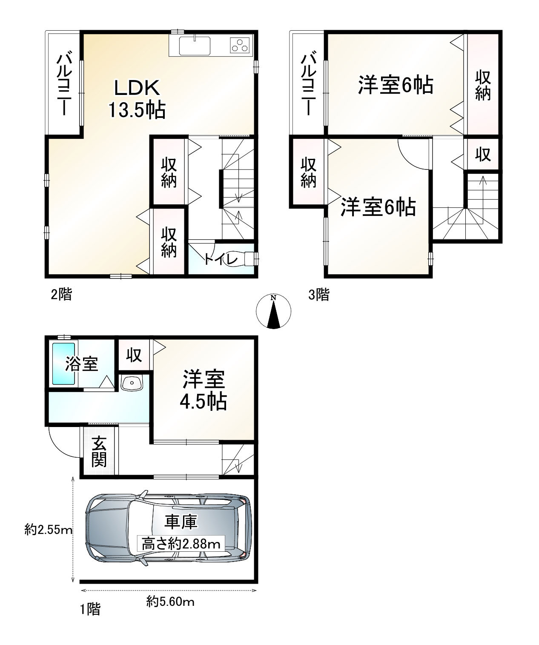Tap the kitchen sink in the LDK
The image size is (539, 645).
tap(195, 46)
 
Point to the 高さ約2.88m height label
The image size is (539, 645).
tap(181, 544)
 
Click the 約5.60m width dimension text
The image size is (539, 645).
tap(170, 602)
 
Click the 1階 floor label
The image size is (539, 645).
tap(90, 609)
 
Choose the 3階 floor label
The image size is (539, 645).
tap(318, 295)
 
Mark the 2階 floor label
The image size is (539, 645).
tap(61, 294)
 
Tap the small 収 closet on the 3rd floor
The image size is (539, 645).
tap(483, 155)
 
